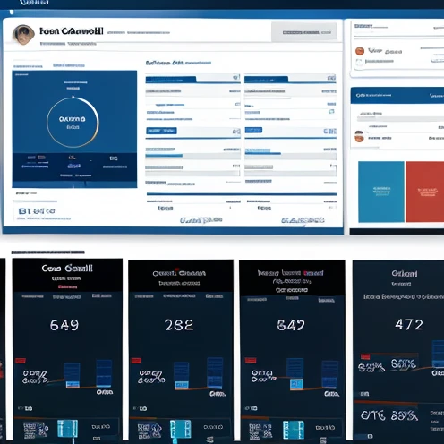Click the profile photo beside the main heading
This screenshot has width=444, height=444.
point(24,35)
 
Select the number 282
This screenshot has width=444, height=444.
point(179,324)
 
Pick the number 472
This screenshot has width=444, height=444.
point(408,324)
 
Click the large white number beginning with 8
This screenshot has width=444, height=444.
point(292,324)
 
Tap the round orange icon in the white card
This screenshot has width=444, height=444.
point(360,52)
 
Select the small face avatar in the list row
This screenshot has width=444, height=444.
point(359,137)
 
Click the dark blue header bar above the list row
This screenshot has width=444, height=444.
point(397,95)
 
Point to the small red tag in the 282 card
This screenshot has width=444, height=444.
point(136,362)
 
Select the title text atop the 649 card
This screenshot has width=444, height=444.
point(66,268)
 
